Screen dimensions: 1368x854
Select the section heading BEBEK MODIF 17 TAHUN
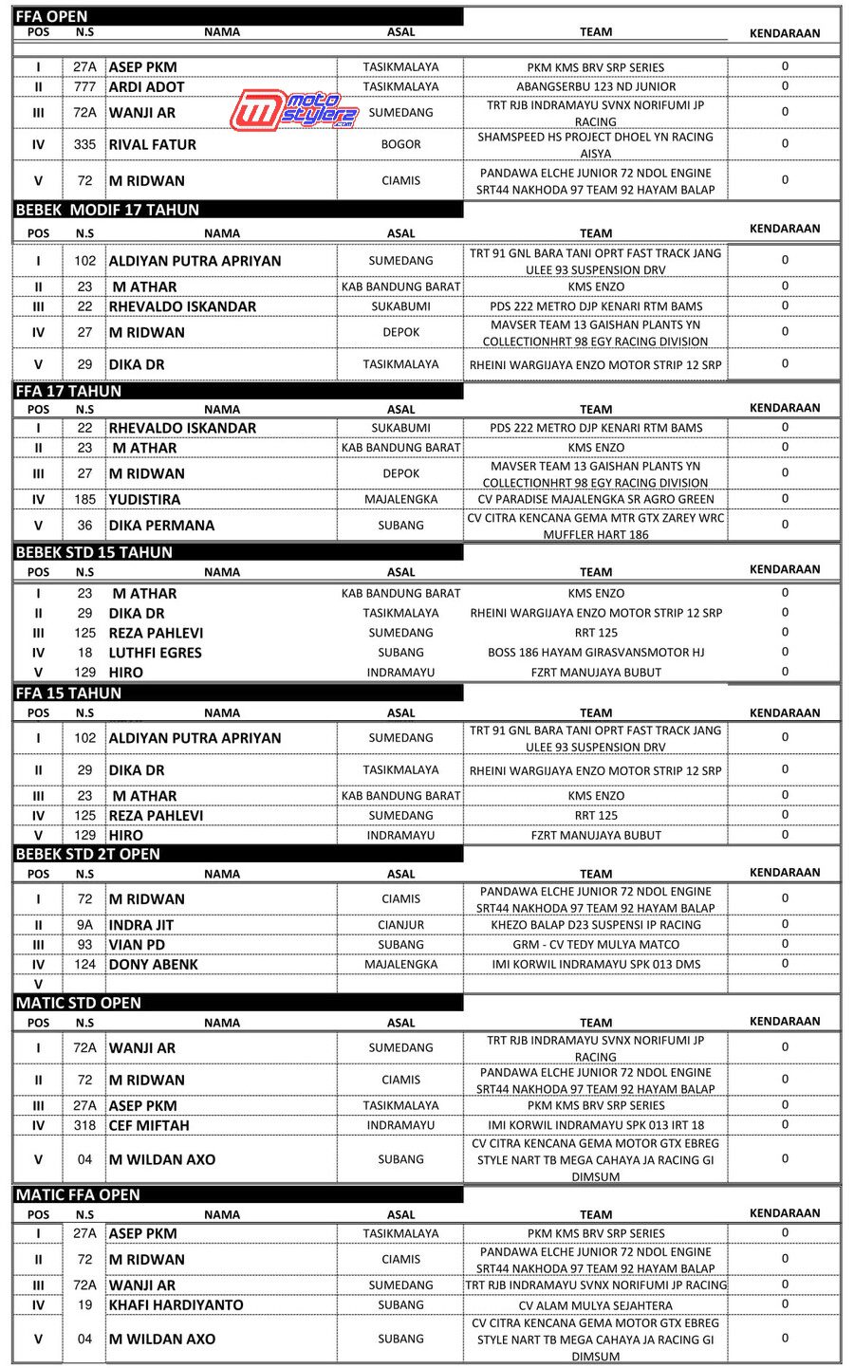point(107,210)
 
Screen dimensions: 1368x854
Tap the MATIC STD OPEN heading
point(78,1003)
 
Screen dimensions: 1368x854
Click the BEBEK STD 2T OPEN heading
point(87,854)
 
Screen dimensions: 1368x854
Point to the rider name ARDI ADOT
point(147,86)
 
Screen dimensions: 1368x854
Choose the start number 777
point(84,86)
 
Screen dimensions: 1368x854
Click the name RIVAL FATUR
point(153,144)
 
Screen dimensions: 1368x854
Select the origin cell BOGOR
point(400,144)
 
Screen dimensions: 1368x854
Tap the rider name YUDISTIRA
point(144,499)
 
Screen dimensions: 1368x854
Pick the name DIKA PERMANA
point(161,525)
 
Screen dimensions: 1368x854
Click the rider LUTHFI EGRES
point(156,653)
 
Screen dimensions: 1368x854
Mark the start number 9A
point(84,925)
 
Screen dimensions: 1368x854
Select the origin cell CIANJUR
point(400,925)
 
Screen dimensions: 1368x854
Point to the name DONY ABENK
point(154,965)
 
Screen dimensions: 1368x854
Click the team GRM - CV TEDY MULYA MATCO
point(596,945)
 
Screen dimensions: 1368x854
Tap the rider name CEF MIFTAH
point(149,1125)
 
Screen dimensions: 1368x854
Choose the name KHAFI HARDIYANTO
point(176,1305)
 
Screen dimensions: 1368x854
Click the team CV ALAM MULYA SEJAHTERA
point(596,1305)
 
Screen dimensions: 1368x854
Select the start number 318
point(84,1125)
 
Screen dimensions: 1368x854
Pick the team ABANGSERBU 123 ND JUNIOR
point(596,86)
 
